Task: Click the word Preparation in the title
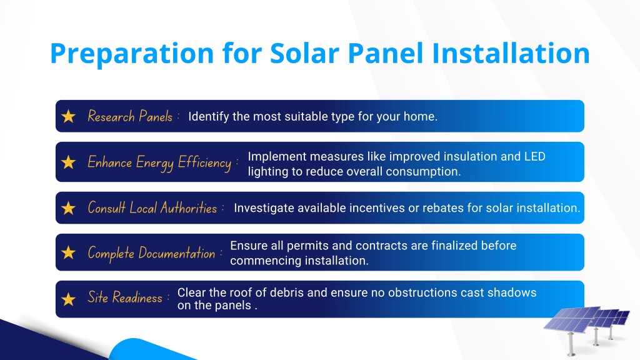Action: click(x=132, y=54)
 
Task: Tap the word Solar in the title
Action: click(x=304, y=53)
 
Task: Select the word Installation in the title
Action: click(x=511, y=53)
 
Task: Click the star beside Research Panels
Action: click(x=69, y=116)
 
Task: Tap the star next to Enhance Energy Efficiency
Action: click(x=69, y=162)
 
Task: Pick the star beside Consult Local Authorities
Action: click(x=69, y=208)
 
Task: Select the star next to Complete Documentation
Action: click(x=69, y=252)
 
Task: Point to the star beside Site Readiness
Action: click(x=69, y=299)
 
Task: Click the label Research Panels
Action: click(x=130, y=116)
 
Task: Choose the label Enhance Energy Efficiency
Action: click(x=159, y=163)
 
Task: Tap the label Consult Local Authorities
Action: click(x=152, y=207)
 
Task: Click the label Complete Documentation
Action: click(x=151, y=253)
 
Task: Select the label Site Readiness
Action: click(x=125, y=297)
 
